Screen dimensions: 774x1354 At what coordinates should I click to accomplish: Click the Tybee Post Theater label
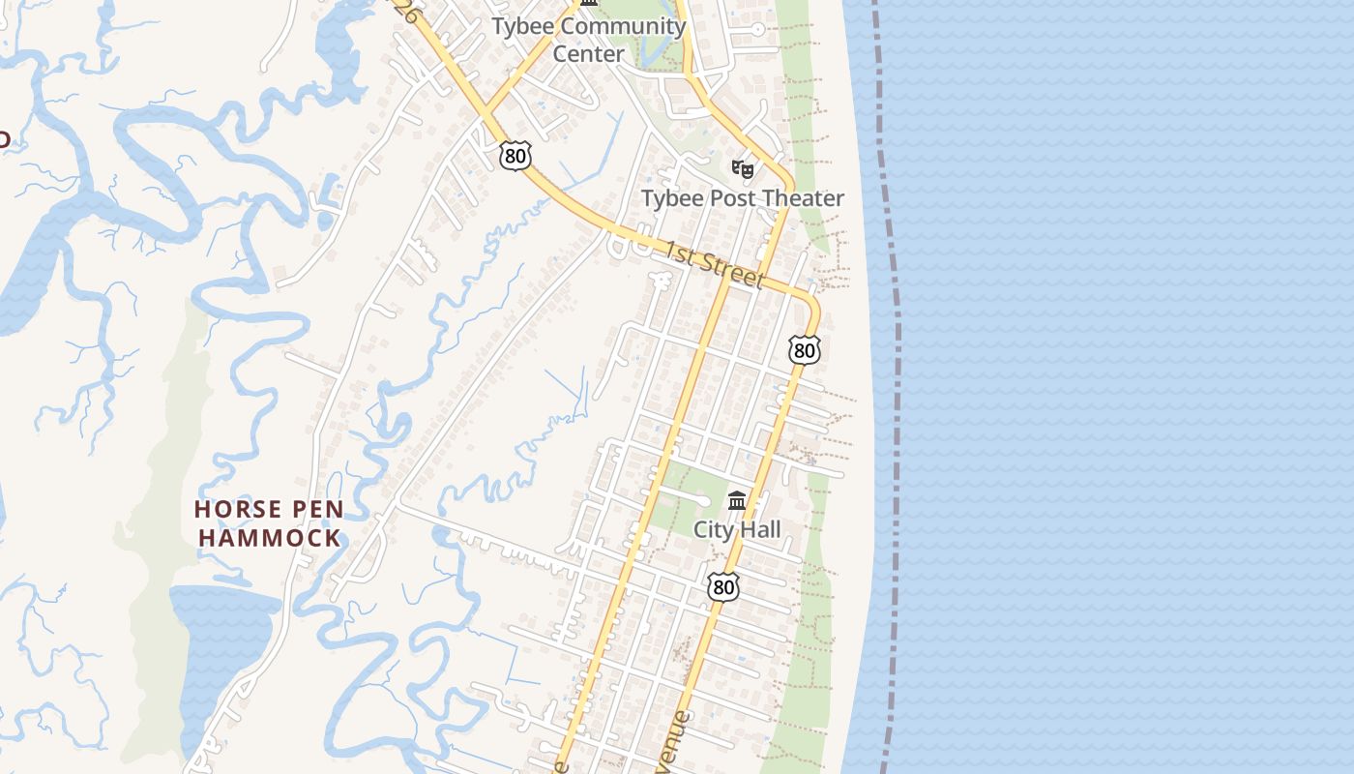[743, 198]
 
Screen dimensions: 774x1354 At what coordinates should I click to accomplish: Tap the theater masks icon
[742, 169]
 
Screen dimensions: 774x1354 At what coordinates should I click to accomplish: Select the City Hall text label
[737, 529]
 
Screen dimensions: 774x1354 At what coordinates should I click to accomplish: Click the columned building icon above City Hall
[737, 500]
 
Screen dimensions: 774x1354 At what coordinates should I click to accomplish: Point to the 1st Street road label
[714, 264]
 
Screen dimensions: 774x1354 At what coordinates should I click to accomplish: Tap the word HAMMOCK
[270, 538]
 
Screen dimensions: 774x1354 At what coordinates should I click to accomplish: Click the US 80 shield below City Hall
[722, 586]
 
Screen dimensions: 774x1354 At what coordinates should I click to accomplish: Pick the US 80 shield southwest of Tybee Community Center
[516, 155]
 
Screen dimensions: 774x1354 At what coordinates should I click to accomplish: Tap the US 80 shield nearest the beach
[804, 349]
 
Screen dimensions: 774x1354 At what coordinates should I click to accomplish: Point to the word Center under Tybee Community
[588, 53]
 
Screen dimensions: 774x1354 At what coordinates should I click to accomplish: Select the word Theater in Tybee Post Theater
[799, 198]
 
